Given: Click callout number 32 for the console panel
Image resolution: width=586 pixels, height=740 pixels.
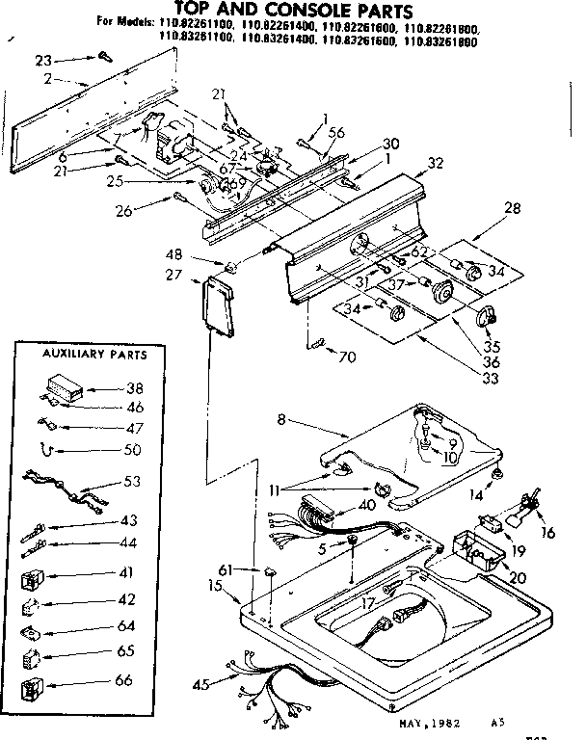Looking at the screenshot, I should pos(436,164).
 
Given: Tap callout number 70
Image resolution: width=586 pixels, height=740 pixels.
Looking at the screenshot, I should pos(346,357).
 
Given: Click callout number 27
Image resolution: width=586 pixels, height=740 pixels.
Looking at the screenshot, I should pos(174,275).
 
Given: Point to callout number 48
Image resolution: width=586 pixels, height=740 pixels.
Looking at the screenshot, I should pos(201,256).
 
